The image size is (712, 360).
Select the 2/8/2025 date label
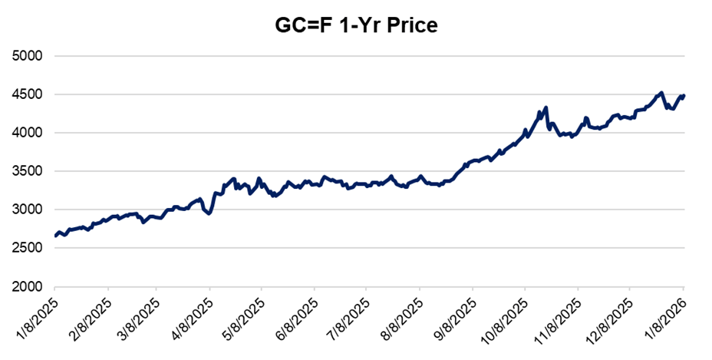point(91,317)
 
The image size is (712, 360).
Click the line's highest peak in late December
point(661,93)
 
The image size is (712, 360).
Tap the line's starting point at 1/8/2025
point(56,236)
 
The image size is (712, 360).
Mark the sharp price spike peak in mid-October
point(546,107)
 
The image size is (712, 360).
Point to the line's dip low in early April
point(208,213)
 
